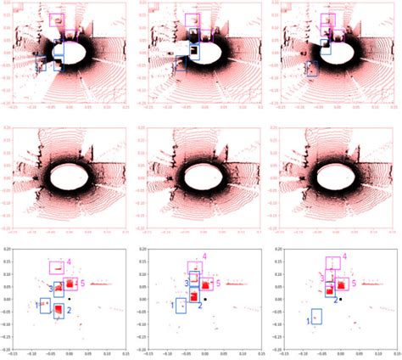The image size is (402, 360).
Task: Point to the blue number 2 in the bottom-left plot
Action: (68, 312)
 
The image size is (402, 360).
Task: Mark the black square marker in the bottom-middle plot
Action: (205, 300)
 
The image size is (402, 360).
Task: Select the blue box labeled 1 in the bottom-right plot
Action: (316, 318)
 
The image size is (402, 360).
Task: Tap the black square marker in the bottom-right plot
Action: (340, 299)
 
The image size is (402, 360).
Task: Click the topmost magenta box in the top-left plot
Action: (58, 20)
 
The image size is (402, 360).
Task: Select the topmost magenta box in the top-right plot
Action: (327, 20)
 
